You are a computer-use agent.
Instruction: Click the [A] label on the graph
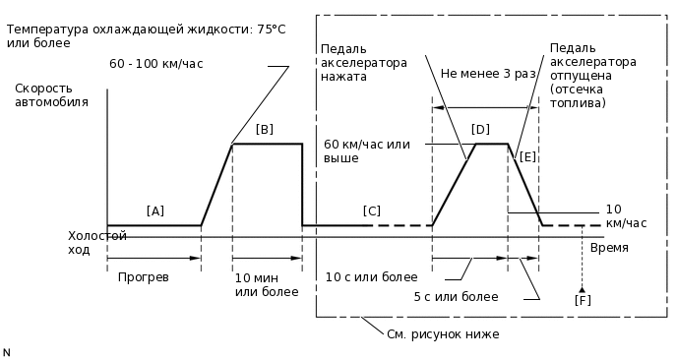(x=154, y=210)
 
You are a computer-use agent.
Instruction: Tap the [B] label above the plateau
(x=265, y=129)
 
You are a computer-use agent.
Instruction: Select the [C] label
(x=371, y=210)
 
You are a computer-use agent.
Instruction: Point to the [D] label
(x=480, y=129)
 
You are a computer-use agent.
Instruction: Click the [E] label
(x=527, y=156)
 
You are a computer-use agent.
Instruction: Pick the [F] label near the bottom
(x=583, y=300)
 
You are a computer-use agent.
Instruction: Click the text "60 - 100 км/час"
(x=156, y=64)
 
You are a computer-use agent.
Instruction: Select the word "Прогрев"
(x=144, y=277)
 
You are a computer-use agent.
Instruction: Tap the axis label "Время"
(x=610, y=248)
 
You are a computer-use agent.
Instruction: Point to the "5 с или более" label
(x=456, y=296)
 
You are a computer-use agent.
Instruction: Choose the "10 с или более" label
(x=371, y=277)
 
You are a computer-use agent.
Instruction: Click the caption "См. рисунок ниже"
(x=443, y=334)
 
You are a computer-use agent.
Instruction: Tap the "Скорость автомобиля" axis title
(x=51, y=94)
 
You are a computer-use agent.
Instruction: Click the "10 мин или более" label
(x=266, y=284)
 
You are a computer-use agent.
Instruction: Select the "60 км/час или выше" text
(x=366, y=150)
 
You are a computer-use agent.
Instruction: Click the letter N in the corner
(x=7, y=351)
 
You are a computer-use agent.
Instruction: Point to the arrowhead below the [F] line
(x=583, y=288)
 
